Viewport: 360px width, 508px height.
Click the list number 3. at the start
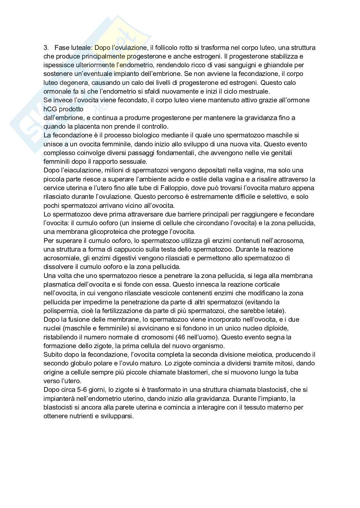click(x=46, y=48)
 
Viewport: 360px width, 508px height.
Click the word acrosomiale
click(x=60, y=258)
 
